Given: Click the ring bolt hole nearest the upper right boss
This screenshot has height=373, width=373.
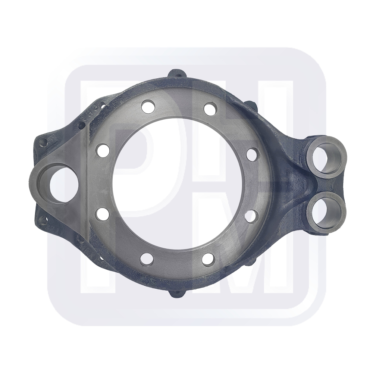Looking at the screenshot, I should tap(253, 154).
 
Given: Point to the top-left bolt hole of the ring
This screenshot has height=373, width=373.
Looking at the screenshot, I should tap(148, 107).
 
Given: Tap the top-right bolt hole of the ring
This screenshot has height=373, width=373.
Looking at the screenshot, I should tap(210, 109).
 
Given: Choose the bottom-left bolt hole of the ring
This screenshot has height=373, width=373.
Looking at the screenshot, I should tap(147, 259).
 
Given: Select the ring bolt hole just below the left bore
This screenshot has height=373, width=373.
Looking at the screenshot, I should tap(102, 214).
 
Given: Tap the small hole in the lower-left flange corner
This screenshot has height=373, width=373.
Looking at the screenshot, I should tap(43, 220).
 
